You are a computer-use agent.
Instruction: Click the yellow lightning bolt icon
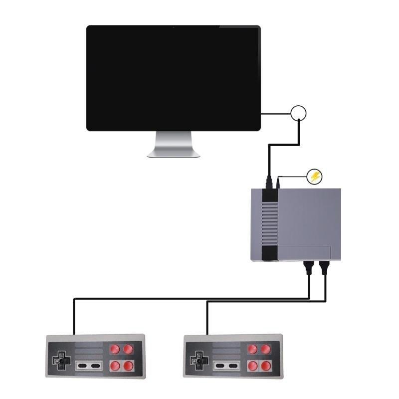[x=315, y=176]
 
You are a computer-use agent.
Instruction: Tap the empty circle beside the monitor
[x=298, y=113]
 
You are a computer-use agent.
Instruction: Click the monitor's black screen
[x=173, y=78]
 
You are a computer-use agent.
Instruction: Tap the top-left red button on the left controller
[x=115, y=349]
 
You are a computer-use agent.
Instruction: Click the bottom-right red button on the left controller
[x=129, y=366]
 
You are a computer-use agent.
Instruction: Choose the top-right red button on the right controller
[x=266, y=349]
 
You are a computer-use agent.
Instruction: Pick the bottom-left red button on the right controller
[x=253, y=366]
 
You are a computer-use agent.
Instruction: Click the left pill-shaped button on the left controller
[x=83, y=366]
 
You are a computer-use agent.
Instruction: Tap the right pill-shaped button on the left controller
[x=95, y=366]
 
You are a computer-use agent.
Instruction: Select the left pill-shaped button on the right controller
[x=220, y=366]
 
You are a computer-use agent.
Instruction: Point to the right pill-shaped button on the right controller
[x=232, y=366]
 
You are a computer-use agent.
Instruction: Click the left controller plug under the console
[x=309, y=268]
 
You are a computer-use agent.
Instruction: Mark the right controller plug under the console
[x=325, y=268]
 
